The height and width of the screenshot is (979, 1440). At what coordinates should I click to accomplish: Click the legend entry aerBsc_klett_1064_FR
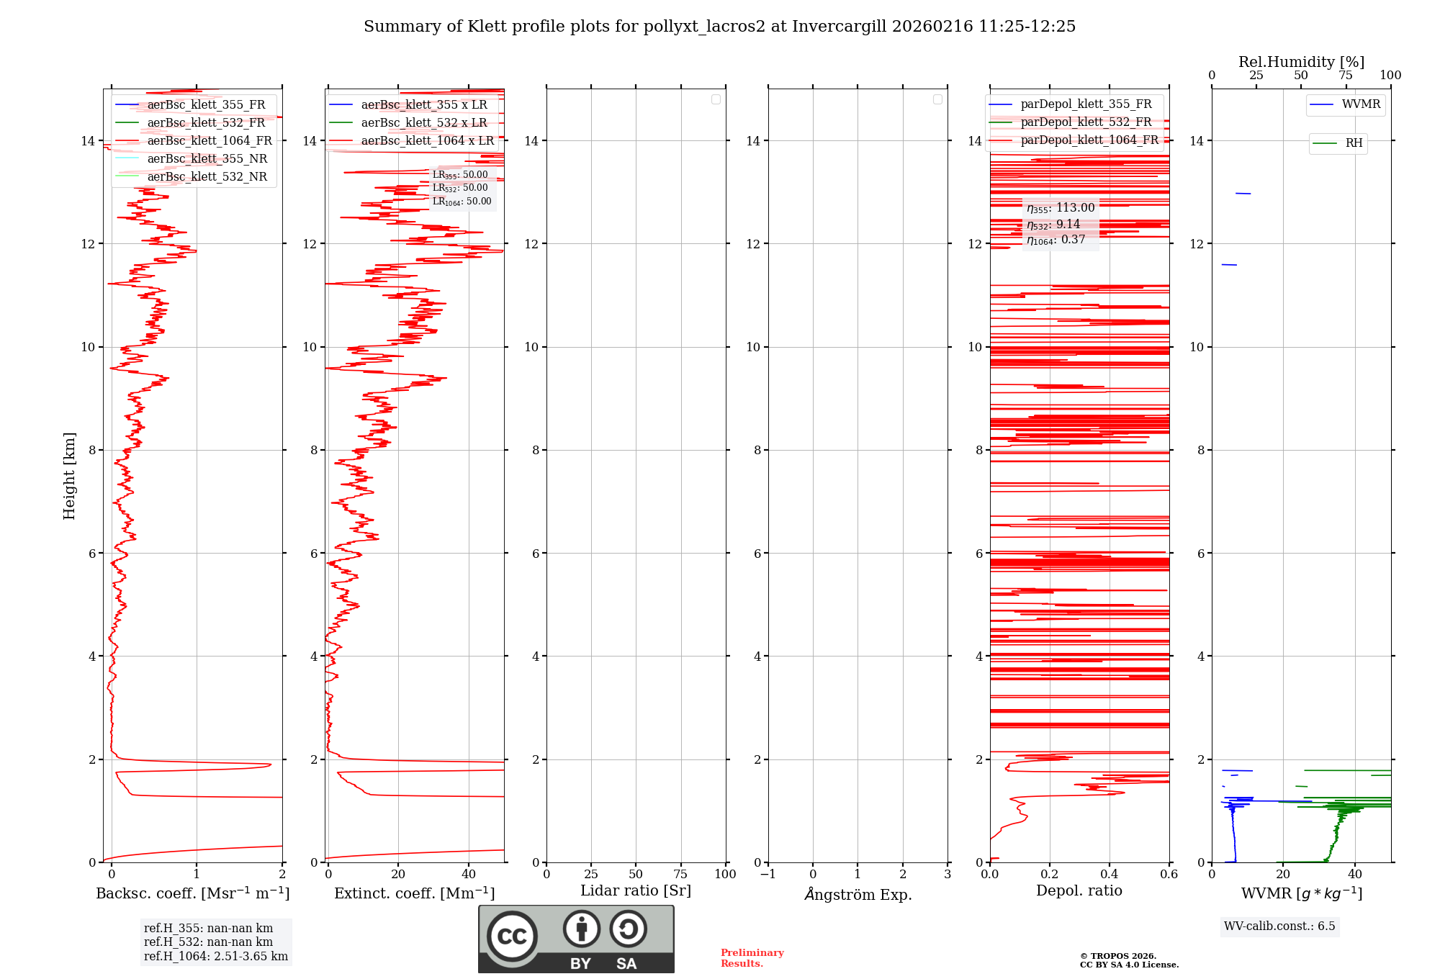click(x=209, y=141)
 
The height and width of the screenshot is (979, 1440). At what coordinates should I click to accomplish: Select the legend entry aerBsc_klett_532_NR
click(x=207, y=177)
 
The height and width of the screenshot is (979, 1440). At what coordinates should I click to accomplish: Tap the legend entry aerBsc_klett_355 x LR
click(x=423, y=105)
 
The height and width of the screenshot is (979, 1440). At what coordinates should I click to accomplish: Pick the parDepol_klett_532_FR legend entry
click(x=1086, y=122)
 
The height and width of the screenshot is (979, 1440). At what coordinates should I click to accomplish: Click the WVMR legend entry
click(x=1360, y=104)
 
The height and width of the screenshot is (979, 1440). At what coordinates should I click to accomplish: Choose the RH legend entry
click(x=1353, y=143)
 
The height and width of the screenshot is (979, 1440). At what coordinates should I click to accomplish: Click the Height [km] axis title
click(x=69, y=475)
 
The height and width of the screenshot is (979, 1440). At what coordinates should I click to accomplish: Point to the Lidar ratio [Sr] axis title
click(x=635, y=890)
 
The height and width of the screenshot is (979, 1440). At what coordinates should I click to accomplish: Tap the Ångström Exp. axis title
click(x=858, y=894)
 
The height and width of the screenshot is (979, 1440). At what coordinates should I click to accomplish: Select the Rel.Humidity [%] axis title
click(x=1301, y=62)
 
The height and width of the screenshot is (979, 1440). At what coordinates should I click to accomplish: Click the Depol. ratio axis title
click(x=1079, y=890)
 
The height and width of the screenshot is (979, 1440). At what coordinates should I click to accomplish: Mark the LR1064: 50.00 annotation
click(x=462, y=202)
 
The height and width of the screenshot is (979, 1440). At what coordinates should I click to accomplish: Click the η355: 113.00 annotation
click(x=1061, y=208)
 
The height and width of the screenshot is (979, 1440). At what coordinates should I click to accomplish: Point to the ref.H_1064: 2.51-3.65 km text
click(x=215, y=956)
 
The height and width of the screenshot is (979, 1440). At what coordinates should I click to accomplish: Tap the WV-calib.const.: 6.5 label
click(x=1279, y=926)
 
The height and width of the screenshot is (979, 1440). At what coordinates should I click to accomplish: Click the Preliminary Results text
click(x=752, y=957)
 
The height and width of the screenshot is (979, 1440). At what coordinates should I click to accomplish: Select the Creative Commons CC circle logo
click(x=512, y=936)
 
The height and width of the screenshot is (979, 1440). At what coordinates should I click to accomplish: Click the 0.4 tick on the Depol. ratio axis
click(x=1109, y=874)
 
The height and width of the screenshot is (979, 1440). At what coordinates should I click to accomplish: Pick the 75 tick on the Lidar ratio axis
click(x=680, y=874)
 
